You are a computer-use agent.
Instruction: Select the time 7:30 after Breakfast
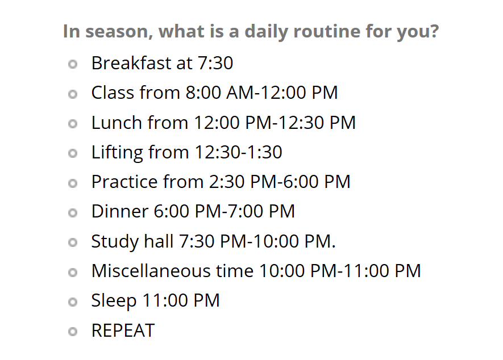pyautogui.click(x=215, y=63)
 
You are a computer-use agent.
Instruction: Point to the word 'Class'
pyautogui.click(x=112, y=93)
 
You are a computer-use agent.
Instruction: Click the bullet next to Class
pyautogui.click(x=72, y=94)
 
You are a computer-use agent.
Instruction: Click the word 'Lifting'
pyautogui.click(x=117, y=152)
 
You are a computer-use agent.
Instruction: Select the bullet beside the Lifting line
pyautogui.click(x=72, y=153)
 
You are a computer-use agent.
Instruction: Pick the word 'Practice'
pyautogui.click(x=124, y=182)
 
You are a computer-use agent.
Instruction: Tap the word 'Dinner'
pyautogui.click(x=119, y=211)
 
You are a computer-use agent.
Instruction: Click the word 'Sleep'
pyautogui.click(x=113, y=300)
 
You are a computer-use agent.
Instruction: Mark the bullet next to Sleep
pyautogui.click(x=72, y=302)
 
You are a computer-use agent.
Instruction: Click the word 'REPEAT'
pyautogui.click(x=122, y=330)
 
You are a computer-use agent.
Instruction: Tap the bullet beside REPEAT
pyautogui.click(x=72, y=332)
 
